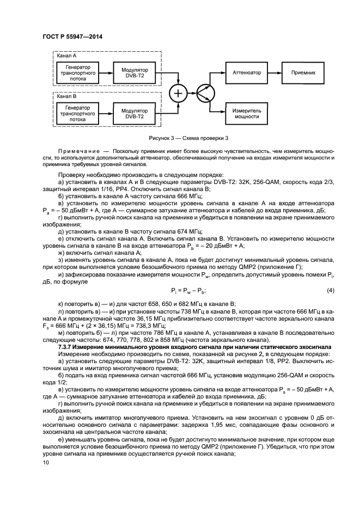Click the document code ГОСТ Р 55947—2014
72,37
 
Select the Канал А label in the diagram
67,56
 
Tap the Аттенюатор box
247,72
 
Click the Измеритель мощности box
247,113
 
